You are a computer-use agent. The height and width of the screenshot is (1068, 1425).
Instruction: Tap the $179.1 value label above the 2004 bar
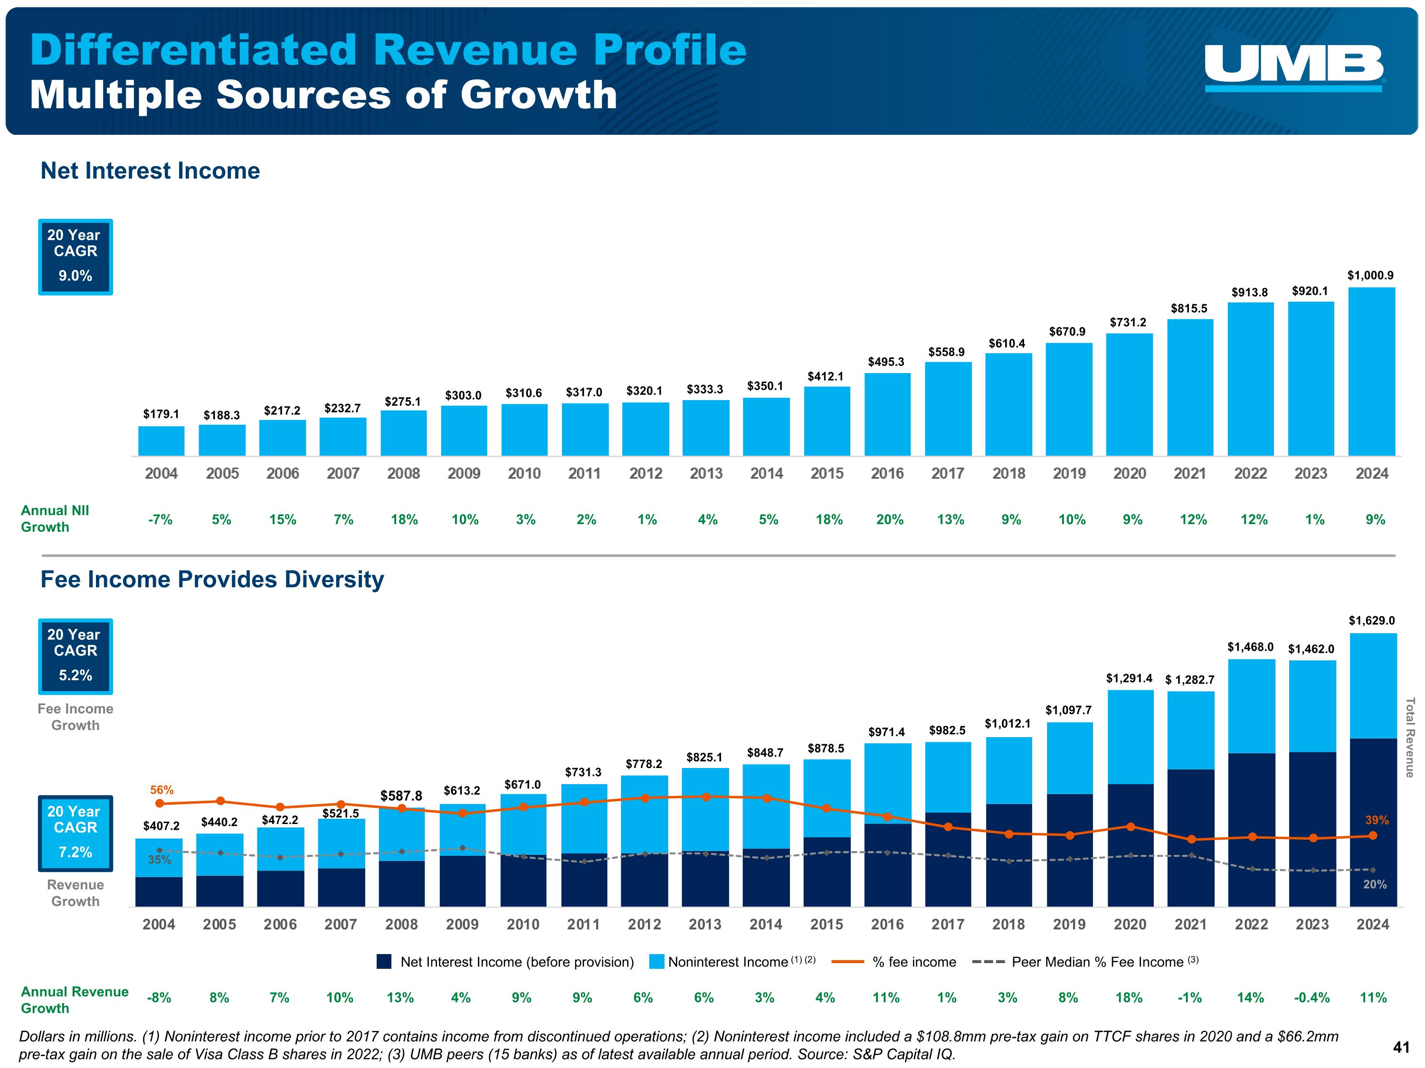click(x=161, y=414)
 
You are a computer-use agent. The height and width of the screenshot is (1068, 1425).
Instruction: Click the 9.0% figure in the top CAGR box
click(x=76, y=275)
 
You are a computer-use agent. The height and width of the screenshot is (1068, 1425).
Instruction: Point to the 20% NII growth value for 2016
click(x=889, y=519)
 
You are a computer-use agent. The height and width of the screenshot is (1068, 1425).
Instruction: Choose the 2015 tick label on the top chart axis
click(x=826, y=474)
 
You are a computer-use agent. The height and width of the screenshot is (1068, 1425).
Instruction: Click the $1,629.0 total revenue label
click(x=1371, y=620)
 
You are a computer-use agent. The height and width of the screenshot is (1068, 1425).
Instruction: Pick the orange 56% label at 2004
click(x=161, y=790)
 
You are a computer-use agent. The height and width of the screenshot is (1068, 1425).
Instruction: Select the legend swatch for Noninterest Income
click(x=656, y=962)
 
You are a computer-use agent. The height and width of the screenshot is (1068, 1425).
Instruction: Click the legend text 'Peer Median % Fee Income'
click(x=1097, y=962)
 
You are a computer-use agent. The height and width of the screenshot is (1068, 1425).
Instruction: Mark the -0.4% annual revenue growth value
click(x=1311, y=998)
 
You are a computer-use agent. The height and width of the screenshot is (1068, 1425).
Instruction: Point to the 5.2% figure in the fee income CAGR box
click(x=76, y=675)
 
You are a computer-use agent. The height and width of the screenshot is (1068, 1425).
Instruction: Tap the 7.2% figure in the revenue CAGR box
click(x=76, y=852)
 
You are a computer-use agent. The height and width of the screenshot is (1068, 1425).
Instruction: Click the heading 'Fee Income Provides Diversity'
click(x=212, y=580)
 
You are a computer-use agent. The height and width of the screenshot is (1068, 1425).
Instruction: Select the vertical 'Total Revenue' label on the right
click(x=1409, y=738)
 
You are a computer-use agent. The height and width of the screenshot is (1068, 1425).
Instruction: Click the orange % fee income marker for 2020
click(x=1130, y=826)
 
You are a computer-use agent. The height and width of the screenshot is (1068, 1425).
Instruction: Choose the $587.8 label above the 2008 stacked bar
click(x=401, y=796)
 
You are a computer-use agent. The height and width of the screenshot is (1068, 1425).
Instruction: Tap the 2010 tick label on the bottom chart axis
click(x=522, y=925)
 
